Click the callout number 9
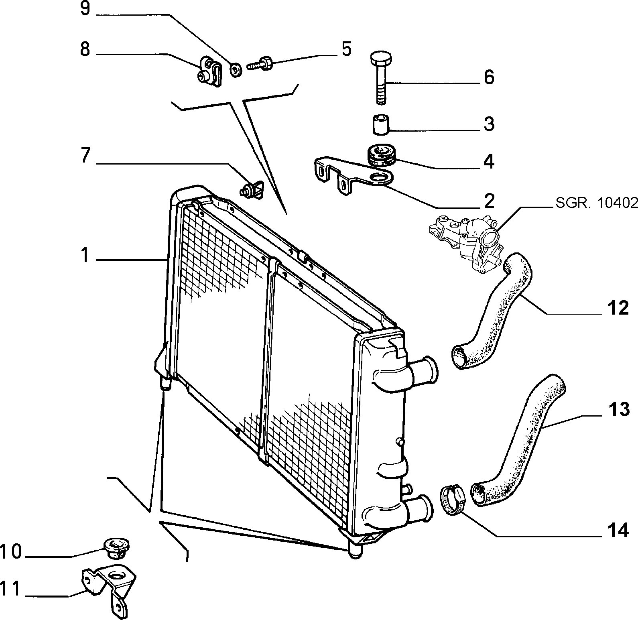pos(85,8)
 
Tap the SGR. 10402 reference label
pos(597,203)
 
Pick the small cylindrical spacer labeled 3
pos(380,124)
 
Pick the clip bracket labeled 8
pos(209,71)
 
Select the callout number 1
pos(84,255)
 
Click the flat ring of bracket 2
pos(381,178)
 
